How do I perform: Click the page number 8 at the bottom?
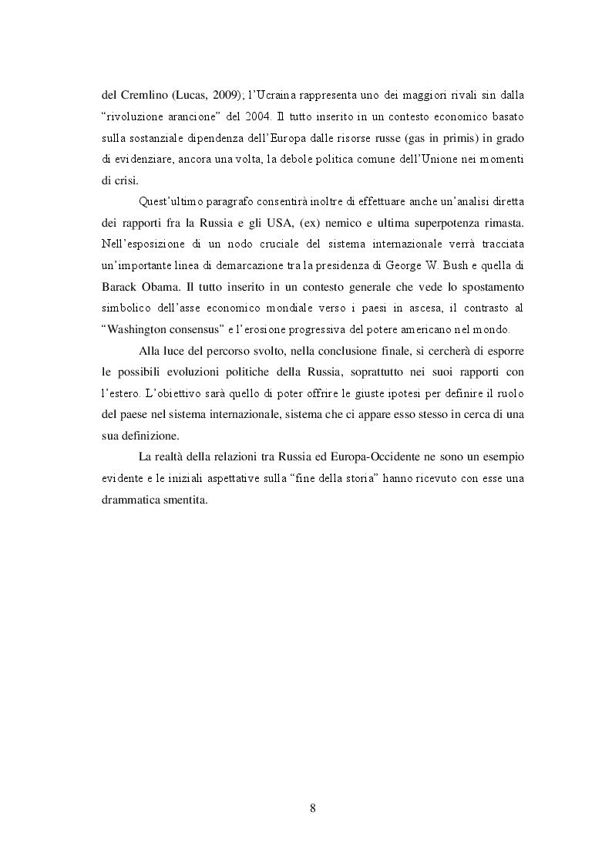[312, 807]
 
